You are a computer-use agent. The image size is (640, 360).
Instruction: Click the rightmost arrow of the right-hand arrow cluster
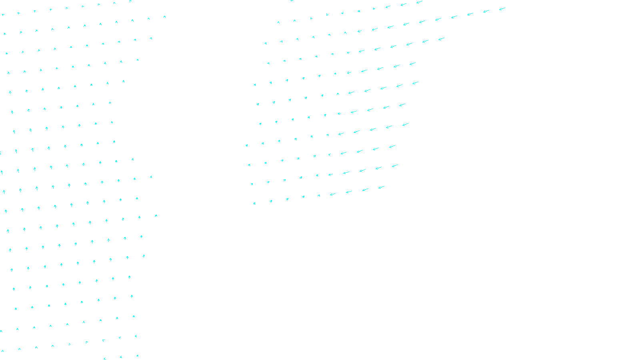coord(502,8)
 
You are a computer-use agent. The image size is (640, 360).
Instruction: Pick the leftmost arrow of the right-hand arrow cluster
coord(247,145)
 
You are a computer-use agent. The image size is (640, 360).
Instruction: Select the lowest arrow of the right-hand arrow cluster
coord(254,203)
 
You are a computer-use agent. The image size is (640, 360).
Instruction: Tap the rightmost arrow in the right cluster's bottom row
coord(381,187)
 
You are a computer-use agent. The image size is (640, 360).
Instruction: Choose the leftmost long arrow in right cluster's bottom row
coord(332,194)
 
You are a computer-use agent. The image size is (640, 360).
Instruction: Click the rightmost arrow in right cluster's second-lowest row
coord(395,165)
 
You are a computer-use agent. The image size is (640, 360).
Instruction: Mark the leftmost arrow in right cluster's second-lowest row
coord(252,184)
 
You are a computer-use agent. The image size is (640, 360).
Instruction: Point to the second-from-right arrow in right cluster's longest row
coord(486,11)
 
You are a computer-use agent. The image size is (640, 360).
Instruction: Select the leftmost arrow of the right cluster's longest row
coord(278,22)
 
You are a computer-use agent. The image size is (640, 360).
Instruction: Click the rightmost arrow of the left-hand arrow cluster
coord(164,16)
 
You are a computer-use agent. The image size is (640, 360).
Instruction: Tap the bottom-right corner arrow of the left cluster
coord(137,355)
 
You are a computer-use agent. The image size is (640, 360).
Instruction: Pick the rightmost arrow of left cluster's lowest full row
coord(136,336)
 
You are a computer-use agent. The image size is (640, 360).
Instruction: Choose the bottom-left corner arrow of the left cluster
coord(3,351)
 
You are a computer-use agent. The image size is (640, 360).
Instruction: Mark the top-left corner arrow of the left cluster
coord(3,15)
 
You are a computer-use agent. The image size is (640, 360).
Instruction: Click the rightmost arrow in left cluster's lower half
coord(156,216)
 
